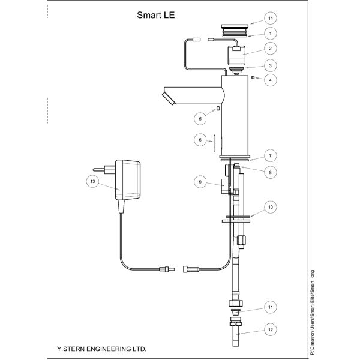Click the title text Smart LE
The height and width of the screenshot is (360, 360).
click(155, 15)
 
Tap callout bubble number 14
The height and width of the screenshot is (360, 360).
click(271, 18)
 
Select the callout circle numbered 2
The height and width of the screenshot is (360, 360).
click(270, 49)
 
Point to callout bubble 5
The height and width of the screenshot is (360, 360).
click(200, 119)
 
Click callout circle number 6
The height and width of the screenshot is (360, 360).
click(200, 140)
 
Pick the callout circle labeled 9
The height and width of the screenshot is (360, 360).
click(200, 182)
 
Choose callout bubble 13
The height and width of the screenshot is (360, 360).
click(92, 181)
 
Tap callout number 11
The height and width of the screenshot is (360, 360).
click(271, 307)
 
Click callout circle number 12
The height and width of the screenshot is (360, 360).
click(271, 329)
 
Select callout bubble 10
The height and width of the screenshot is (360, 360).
click(271, 207)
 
